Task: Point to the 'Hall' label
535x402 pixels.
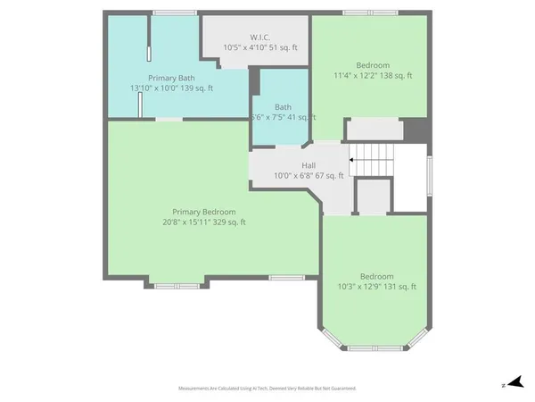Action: (309, 165)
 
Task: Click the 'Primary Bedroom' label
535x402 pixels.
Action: (204, 212)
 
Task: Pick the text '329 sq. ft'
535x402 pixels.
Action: (228, 222)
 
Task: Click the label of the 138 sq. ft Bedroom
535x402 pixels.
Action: (372, 65)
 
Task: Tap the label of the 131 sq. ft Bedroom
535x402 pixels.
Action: (375, 276)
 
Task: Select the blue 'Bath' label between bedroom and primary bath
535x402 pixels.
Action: (283, 106)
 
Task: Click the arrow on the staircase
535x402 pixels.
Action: (353, 160)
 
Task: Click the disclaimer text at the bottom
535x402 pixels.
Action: (267, 389)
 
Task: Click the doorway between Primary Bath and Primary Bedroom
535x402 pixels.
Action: (169, 119)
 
